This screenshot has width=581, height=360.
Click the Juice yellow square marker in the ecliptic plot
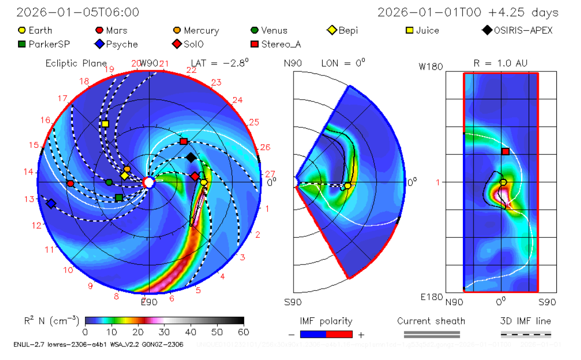click(x=105, y=124)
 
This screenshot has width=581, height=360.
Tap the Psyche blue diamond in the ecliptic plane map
click(x=51, y=204)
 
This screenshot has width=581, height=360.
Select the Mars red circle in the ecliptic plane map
click(x=70, y=184)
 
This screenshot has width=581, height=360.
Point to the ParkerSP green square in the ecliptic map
click(x=119, y=198)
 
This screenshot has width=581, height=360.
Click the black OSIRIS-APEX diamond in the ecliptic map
click(x=190, y=157)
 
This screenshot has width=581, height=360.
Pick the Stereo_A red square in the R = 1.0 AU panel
click(x=506, y=151)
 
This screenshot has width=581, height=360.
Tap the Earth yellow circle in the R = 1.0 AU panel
click(x=503, y=182)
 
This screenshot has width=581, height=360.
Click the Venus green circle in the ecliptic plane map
click(x=109, y=182)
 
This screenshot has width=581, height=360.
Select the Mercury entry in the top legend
click(x=196, y=31)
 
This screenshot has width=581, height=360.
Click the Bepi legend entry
click(x=342, y=31)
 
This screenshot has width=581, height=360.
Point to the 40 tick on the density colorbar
click(x=191, y=332)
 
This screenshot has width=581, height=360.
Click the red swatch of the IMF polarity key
click(x=339, y=334)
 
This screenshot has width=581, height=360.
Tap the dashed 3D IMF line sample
click(x=526, y=334)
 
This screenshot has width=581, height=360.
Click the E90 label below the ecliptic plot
click(x=149, y=302)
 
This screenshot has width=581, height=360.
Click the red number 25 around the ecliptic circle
click(x=254, y=122)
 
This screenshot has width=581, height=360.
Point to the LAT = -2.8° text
click(x=220, y=63)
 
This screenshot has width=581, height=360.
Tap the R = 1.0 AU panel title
click(x=501, y=63)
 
